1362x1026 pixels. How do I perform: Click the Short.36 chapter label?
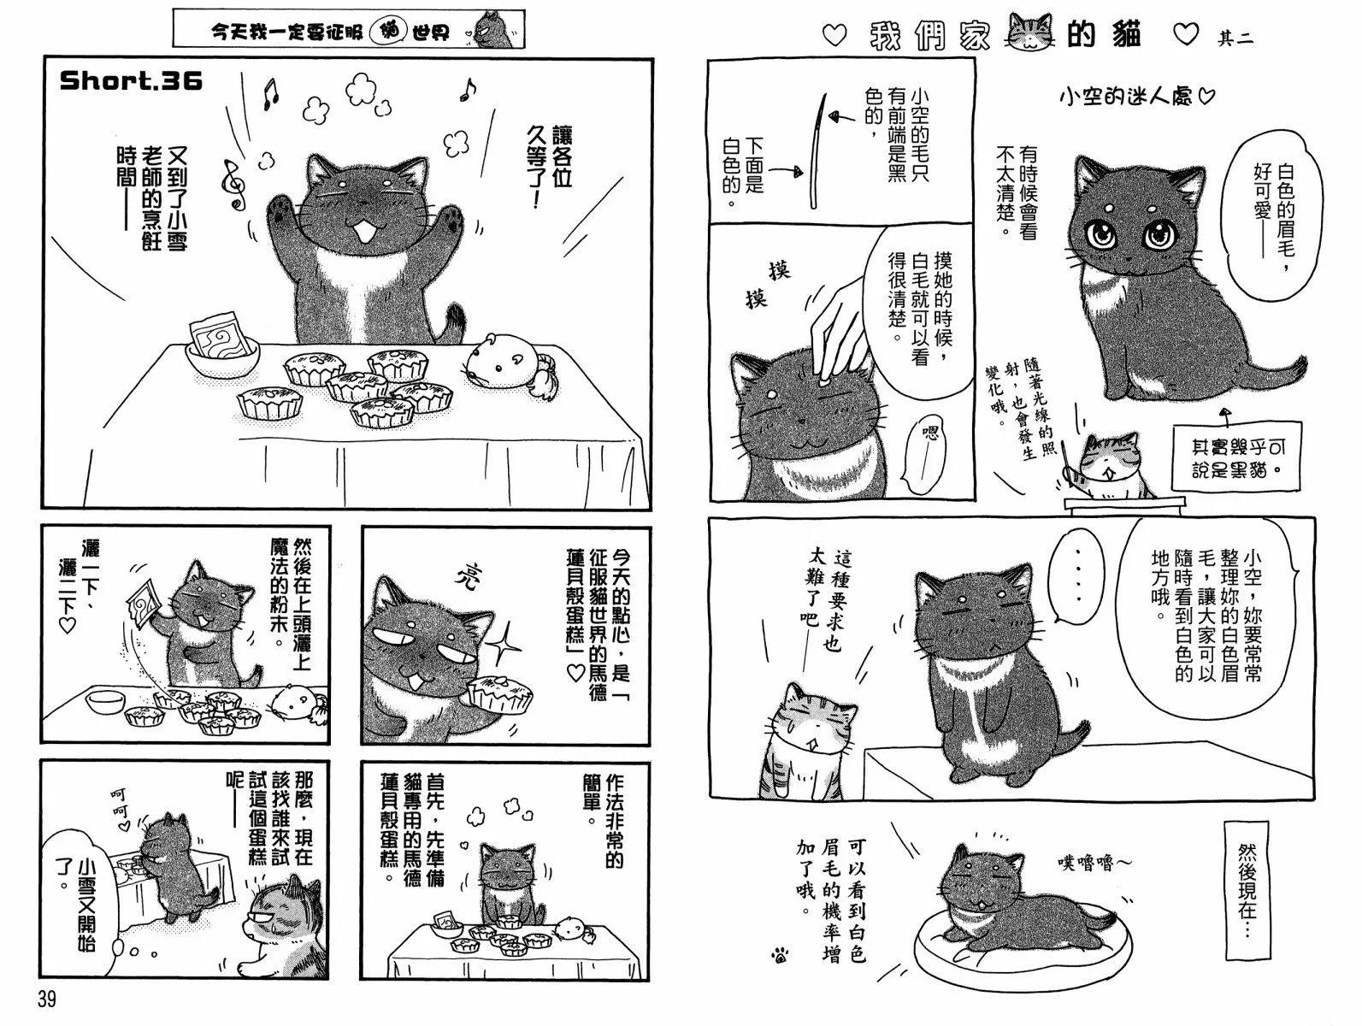(x=131, y=80)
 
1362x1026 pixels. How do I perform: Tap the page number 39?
(x=46, y=999)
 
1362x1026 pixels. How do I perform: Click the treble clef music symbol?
(x=233, y=184)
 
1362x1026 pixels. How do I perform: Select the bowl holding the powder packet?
(x=223, y=358)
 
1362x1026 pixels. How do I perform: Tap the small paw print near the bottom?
(x=780, y=952)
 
